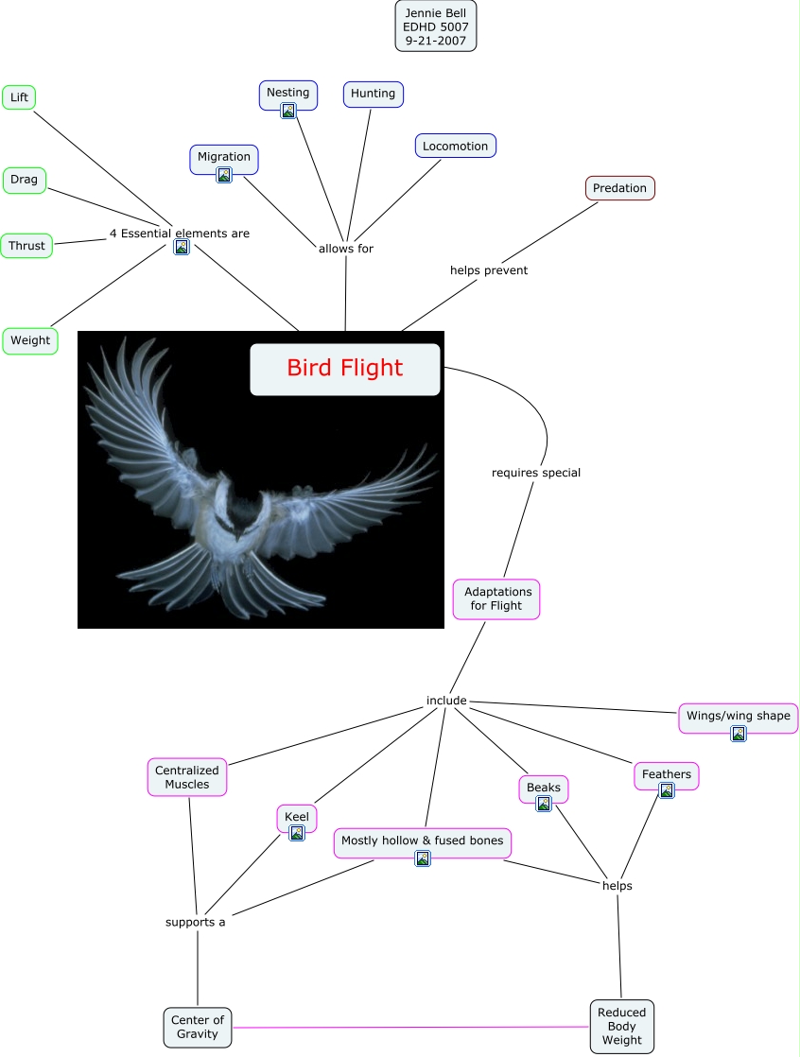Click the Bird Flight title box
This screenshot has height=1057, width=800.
345,369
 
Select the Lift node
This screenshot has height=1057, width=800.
19,97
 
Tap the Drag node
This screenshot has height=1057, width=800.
25,180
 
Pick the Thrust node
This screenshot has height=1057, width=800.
26,246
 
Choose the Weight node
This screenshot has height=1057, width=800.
30,340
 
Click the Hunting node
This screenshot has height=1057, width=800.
373,94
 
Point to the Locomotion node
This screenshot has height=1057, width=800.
455,146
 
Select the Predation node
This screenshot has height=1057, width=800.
619,188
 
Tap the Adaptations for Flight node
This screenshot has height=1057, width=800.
496,598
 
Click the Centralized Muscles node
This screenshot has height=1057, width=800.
187,777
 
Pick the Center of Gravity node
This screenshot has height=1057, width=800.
198,1027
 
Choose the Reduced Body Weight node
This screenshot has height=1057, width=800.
621,1027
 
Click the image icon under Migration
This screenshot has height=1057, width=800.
224,174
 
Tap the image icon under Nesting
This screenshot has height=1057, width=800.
288,111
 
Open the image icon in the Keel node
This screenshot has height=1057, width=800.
297,833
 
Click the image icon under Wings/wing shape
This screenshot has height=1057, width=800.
739,734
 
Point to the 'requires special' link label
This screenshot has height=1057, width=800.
535,473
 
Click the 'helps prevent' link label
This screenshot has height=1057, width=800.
488,270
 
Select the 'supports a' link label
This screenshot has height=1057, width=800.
196,922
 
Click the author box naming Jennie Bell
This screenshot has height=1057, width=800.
435,26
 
